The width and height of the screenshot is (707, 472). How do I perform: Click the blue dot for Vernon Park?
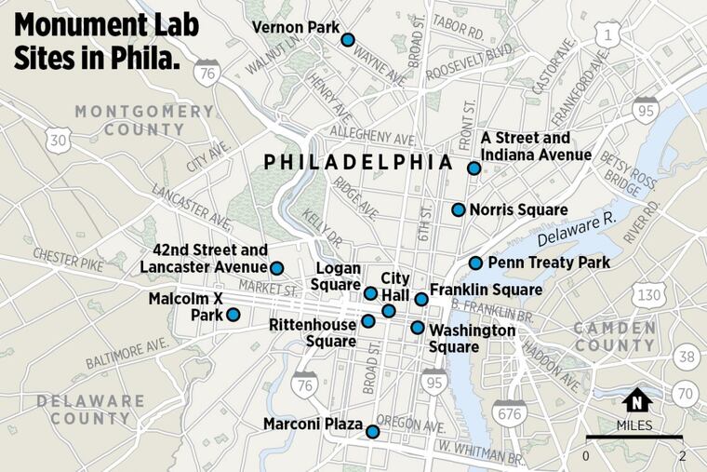[x=347, y=39]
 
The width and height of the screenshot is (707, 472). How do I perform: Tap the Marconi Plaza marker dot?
[x=372, y=431]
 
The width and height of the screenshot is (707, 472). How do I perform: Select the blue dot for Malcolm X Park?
[x=233, y=315]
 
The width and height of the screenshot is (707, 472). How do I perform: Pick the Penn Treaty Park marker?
[x=475, y=263]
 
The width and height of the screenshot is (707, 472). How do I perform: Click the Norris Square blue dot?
[x=459, y=209]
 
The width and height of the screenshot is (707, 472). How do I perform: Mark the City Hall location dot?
[x=389, y=310]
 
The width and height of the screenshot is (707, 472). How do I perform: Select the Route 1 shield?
[x=609, y=36]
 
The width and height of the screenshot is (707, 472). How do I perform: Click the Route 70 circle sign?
[x=687, y=392]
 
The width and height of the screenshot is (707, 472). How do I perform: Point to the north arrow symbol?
[x=638, y=400]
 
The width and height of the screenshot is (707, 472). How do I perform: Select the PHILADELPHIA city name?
[x=358, y=162]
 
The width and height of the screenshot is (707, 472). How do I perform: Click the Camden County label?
[x=614, y=336]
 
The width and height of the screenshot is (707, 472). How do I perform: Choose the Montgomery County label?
[x=144, y=120]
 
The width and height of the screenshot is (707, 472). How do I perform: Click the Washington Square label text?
[x=473, y=339]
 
